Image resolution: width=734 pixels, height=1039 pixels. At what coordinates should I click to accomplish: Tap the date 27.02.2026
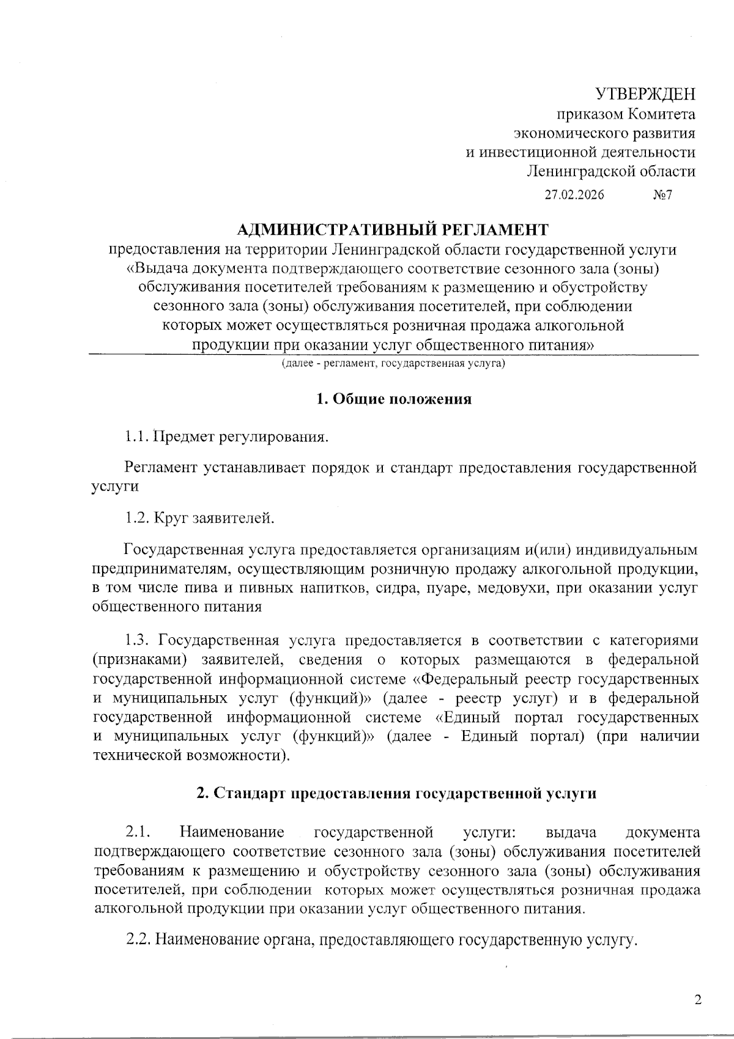point(574,196)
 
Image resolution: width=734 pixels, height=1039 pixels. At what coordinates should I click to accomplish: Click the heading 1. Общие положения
point(393,399)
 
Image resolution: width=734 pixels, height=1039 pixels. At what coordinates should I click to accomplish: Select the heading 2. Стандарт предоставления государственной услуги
point(396,793)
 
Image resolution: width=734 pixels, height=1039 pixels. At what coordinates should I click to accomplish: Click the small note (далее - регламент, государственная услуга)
point(393,364)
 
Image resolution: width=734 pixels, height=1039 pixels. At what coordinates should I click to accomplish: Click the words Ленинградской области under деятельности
point(612,171)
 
